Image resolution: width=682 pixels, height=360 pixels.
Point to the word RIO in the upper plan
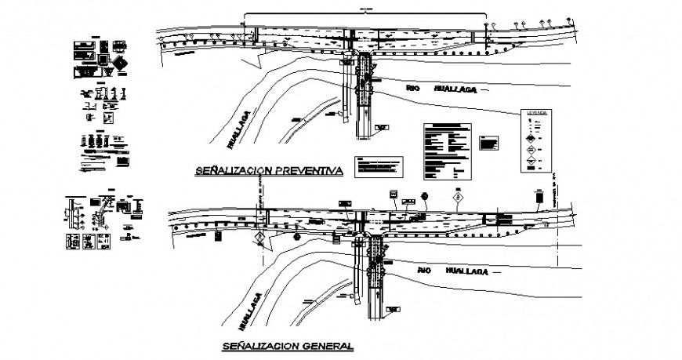[x=413, y=89]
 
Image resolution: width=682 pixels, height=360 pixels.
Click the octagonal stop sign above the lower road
[x=424, y=195]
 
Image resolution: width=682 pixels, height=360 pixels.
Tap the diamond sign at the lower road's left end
[x=259, y=237]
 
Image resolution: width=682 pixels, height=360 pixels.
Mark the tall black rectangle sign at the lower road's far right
[x=540, y=199]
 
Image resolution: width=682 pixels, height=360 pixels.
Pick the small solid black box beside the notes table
[x=488, y=143]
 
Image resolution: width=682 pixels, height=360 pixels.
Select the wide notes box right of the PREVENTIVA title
[x=379, y=166]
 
